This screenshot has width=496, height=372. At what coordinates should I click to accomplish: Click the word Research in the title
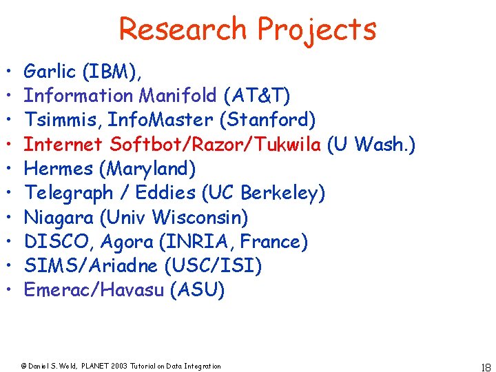(183, 29)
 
